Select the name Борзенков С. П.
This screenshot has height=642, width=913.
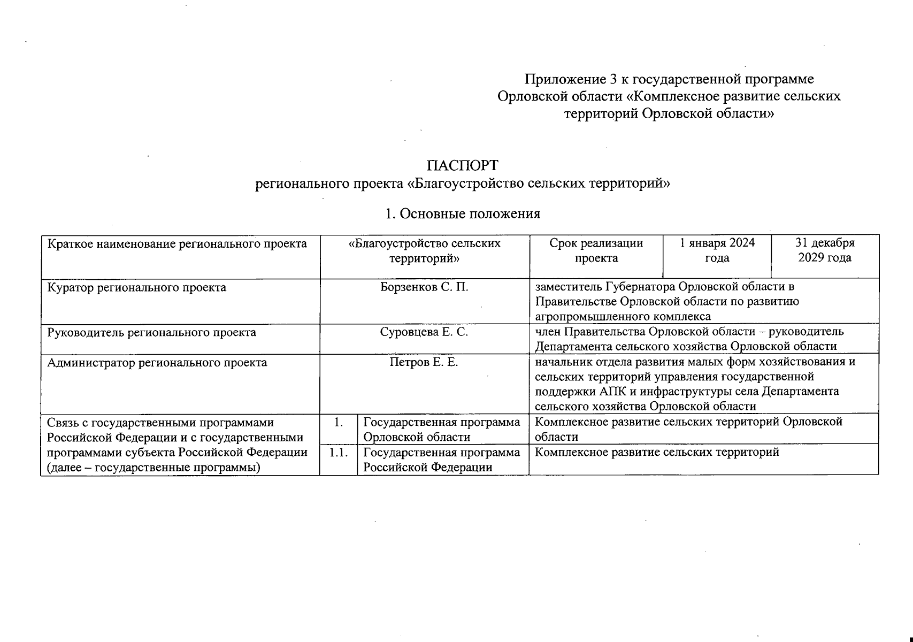(424, 287)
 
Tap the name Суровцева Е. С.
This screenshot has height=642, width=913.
(424, 332)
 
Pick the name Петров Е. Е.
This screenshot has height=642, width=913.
(424, 362)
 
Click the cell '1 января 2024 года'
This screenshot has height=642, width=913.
(717, 250)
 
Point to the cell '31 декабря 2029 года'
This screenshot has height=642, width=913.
(825, 250)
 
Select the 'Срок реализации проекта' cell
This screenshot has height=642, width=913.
(596, 250)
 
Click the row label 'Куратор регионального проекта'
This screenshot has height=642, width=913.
(137, 287)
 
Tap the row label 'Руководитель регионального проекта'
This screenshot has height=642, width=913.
(152, 332)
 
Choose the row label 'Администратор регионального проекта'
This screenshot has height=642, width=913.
(157, 363)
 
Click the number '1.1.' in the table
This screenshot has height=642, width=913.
(339, 453)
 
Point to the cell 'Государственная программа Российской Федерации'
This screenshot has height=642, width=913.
(442, 460)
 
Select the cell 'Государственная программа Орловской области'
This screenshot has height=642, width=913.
(442, 429)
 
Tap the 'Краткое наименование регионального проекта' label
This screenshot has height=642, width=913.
(178, 244)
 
